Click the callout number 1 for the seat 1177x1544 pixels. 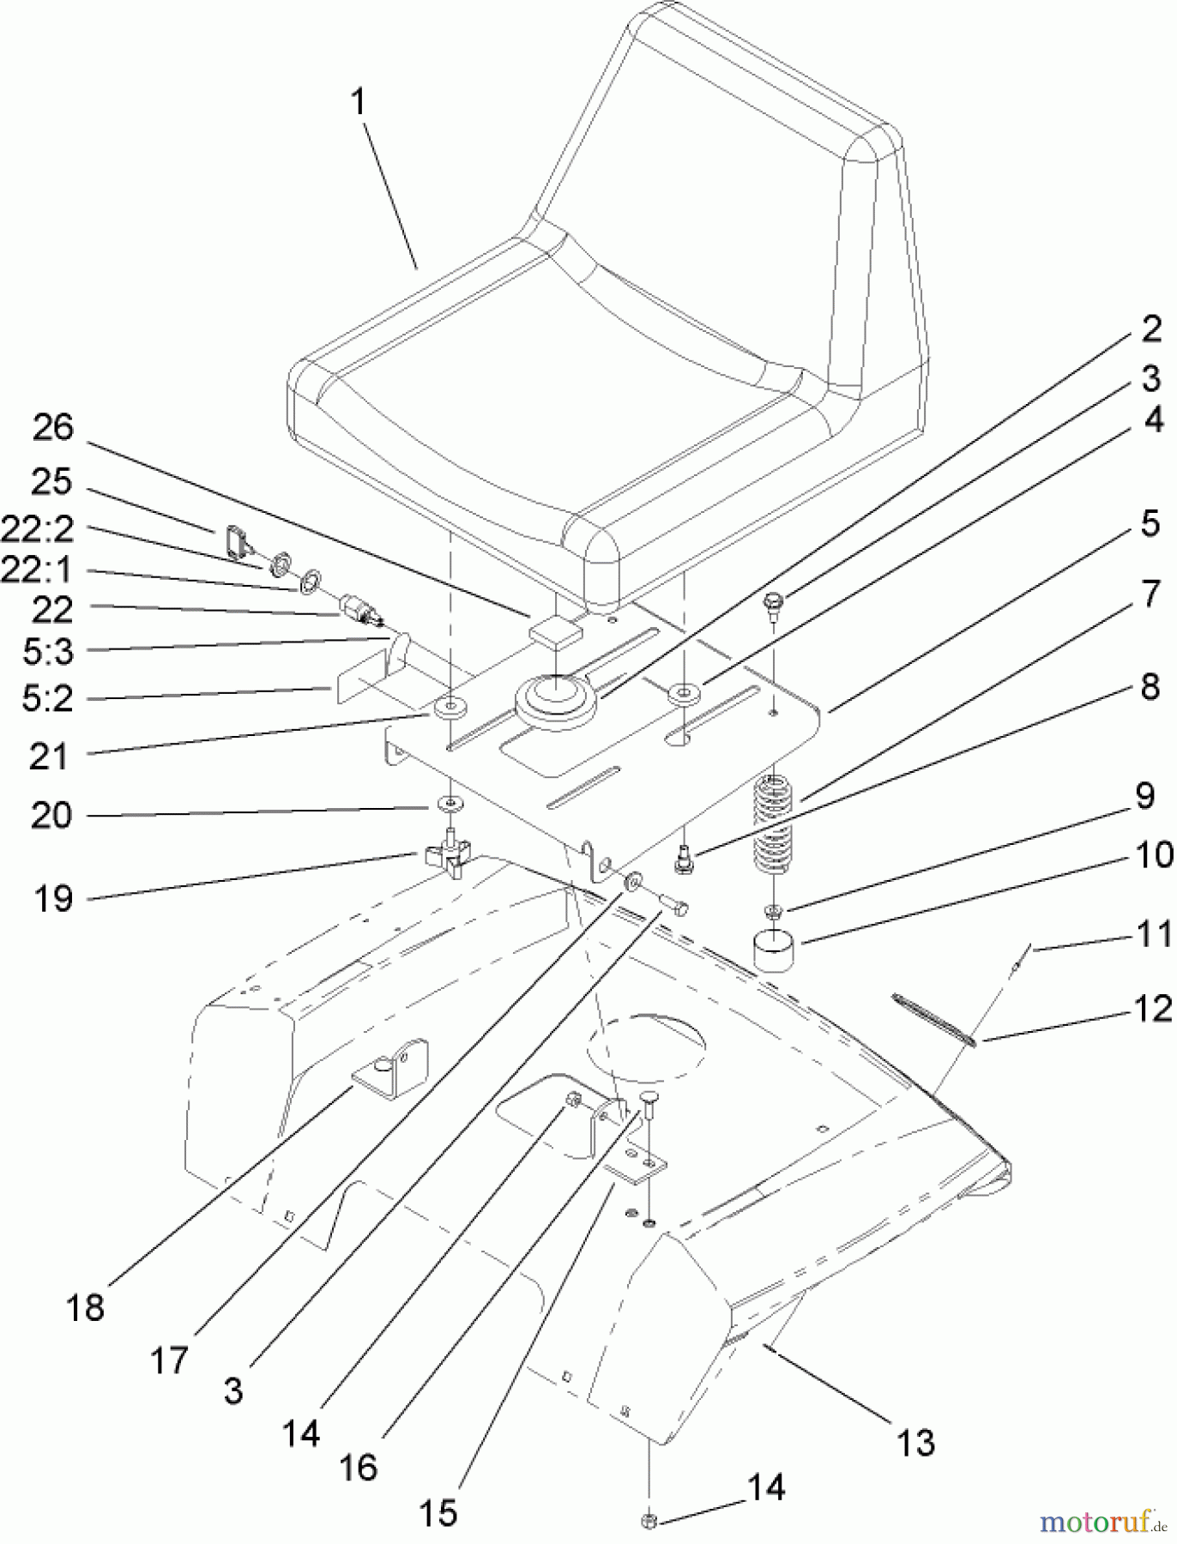(358, 103)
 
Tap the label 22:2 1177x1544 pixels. (38, 529)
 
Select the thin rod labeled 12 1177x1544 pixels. (933, 1019)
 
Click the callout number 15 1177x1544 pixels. (438, 1511)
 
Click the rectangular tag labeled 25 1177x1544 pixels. (234, 541)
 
